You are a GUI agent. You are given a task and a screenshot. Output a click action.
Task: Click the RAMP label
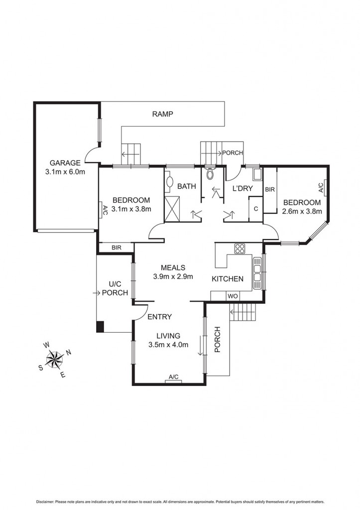162,114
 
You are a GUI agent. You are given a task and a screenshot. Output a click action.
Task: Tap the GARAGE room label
65,163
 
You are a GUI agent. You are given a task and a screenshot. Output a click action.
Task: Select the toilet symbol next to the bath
210,174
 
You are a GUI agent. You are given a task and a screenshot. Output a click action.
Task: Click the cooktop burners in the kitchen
240,249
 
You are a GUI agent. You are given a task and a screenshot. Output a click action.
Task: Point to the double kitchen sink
257,273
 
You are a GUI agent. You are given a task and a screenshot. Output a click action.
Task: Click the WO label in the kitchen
232,296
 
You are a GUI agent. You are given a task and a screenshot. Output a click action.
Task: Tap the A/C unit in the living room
174,380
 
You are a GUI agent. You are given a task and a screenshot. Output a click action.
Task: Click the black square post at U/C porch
100,327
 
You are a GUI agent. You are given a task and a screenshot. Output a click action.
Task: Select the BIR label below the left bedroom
117,248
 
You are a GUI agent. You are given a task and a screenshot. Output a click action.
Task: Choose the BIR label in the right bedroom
269,190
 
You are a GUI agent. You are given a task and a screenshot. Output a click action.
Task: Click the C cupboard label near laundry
256,209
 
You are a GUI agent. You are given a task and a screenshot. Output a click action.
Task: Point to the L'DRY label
242,189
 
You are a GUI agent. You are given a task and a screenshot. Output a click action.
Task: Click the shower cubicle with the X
172,209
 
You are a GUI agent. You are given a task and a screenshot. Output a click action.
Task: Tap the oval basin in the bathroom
170,181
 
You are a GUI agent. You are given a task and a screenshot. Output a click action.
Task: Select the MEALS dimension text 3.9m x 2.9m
173,276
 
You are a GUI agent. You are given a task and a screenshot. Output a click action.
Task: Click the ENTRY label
160,316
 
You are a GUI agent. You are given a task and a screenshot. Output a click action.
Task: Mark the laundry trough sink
258,174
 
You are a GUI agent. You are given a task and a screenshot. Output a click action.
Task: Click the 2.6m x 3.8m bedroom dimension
302,211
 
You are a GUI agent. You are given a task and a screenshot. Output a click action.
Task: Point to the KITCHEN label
228,279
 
